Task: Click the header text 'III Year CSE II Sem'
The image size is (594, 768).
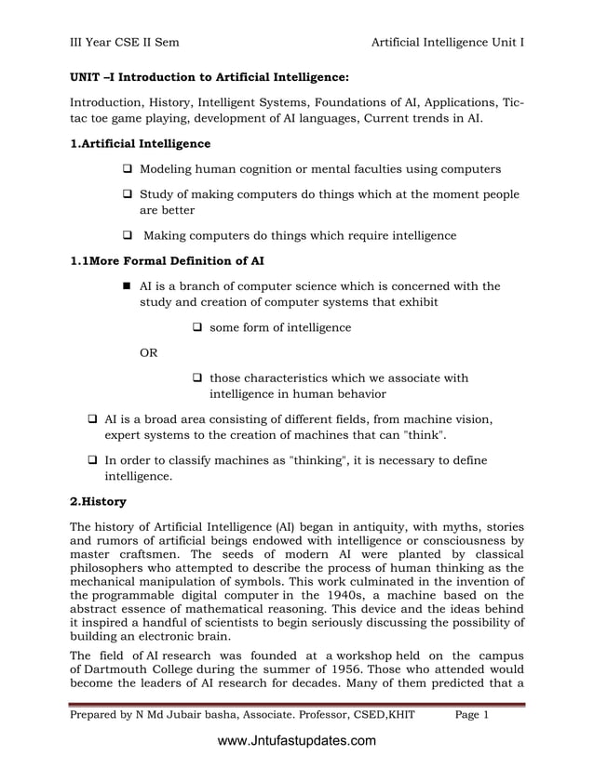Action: click(126, 42)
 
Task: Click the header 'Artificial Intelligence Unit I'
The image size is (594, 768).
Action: click(447, 42)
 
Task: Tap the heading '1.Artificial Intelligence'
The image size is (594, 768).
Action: click(141, 144)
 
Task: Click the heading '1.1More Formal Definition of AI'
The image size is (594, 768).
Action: click(168, 261)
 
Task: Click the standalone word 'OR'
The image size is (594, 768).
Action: click(148, 353)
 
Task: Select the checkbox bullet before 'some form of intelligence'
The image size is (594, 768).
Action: click(196, 328)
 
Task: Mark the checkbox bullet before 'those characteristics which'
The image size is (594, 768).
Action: click(196, 378)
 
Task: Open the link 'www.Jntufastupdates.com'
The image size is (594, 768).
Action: click(296, 741)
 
